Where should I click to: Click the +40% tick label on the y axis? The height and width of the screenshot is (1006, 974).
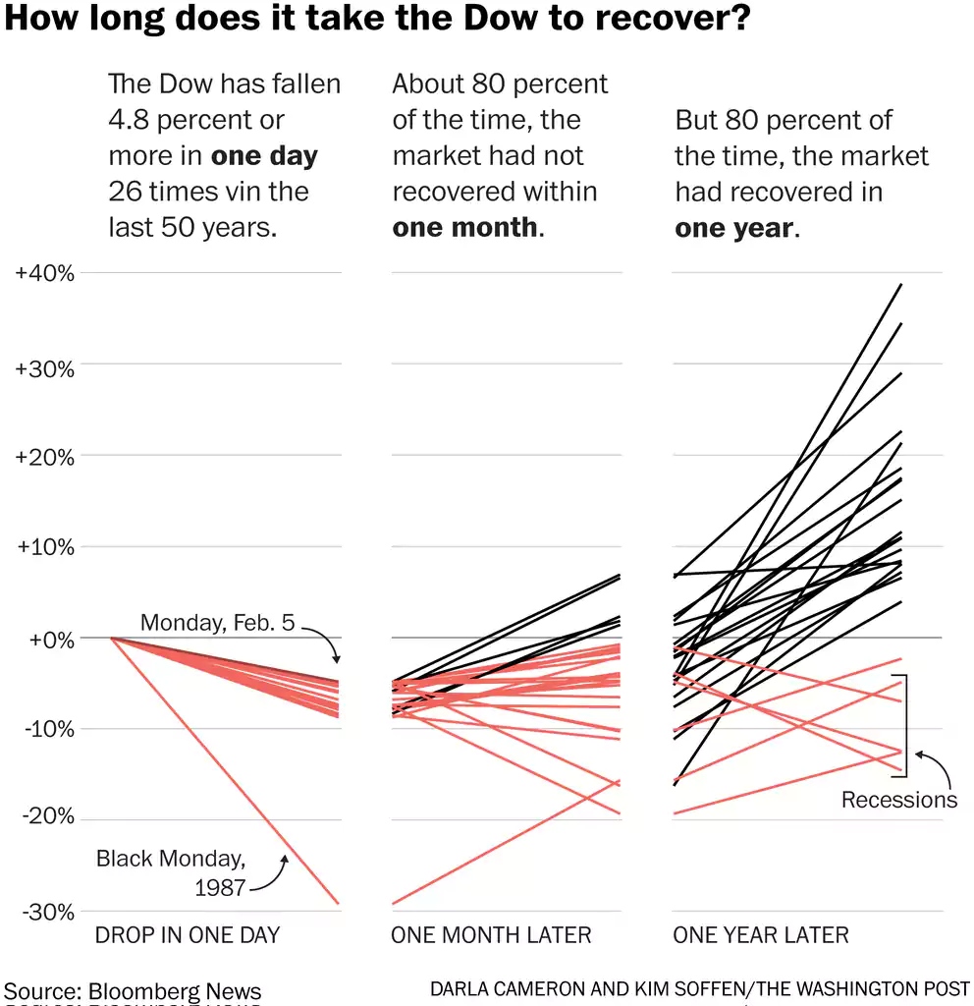pos(45,273)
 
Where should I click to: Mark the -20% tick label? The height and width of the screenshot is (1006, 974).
pos(46,819)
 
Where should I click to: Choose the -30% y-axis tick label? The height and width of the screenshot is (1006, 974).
pos(46,911)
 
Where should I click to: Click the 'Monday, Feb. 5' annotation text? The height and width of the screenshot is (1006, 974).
pos(217,622)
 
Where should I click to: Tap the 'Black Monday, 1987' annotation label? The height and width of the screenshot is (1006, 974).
pos(169,872)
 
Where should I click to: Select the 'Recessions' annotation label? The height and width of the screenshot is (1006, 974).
pos(898,800)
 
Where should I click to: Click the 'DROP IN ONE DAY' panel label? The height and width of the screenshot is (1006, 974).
pos(187,934)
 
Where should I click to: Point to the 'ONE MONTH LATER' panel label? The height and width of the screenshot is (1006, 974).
pos(491,934)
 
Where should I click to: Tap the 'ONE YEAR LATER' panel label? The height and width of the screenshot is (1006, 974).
pos(761,934)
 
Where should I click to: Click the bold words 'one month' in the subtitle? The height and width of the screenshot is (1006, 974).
pos(464,227)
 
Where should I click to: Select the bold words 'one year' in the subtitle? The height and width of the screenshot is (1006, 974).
pos(733,228)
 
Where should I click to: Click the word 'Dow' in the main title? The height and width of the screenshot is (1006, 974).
pos(469,20)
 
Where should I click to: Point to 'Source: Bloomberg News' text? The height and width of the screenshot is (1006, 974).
pos(134,990)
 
